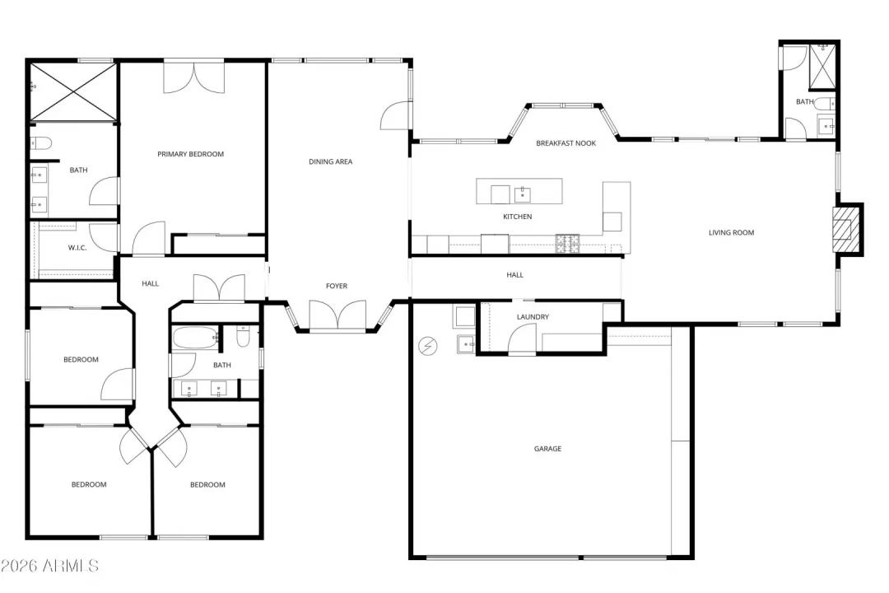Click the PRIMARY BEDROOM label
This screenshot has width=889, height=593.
190,154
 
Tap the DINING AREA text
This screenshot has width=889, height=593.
330,161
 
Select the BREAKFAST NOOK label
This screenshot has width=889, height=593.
566,143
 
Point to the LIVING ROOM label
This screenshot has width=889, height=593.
731,232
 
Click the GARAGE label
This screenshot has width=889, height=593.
547,449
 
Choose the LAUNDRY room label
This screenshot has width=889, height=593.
533,317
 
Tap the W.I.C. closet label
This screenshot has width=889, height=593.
77,248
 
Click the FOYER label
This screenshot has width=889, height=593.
337,286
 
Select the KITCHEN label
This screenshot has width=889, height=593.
518,217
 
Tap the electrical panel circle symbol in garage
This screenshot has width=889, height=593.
428,347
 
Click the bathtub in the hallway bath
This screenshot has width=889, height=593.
194,337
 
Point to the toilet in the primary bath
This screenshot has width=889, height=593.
41,142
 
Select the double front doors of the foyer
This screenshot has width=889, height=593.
337,315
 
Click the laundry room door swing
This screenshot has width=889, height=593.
522,339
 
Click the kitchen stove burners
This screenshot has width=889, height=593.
566,243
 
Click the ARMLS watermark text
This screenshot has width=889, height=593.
49,566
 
